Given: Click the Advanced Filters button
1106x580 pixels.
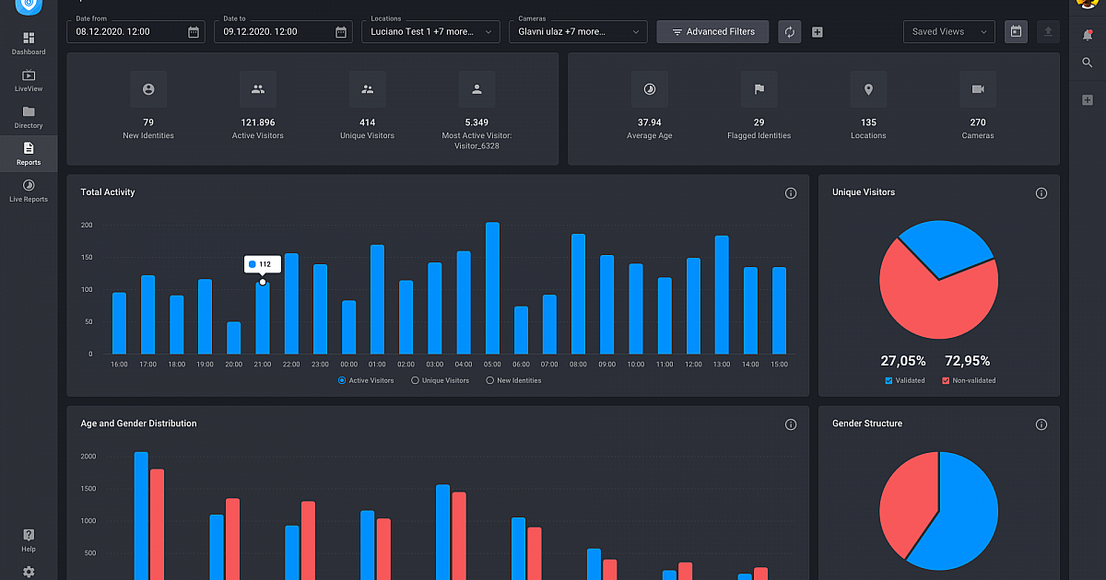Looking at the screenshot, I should pos(712,32).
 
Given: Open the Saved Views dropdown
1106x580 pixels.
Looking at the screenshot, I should pos(948,32).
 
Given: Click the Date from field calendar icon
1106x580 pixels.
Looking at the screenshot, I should pos(194,32).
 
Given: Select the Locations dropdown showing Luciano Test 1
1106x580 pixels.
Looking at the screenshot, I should pos(429,32).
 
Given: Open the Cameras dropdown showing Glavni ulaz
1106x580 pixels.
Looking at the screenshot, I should pos(577,32).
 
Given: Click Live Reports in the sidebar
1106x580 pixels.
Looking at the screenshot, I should pos(29,191).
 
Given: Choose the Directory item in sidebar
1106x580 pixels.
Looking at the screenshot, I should pos(29,117).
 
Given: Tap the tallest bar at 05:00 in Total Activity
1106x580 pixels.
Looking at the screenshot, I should pos(492,287).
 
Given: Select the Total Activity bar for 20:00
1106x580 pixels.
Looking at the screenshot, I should pos(233,338).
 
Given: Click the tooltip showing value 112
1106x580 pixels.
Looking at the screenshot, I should pos(262,264).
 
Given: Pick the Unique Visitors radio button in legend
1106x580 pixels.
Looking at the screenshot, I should pos(415,380).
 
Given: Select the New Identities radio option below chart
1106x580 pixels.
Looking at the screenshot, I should pos(489,380).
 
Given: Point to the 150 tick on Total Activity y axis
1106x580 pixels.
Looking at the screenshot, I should pos(87,257).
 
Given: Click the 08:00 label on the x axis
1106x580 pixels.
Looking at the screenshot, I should pos(578,365).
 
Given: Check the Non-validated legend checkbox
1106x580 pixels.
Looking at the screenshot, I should pos(946,380).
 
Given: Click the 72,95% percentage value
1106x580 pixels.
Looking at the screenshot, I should pos(968,361).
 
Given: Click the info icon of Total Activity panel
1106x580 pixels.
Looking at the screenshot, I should pos(790,193).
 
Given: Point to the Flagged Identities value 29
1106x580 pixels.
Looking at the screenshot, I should pos(759,122).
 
